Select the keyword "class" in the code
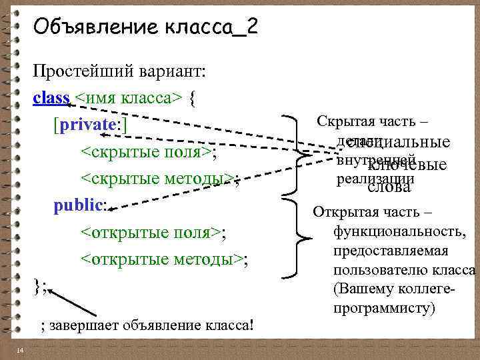point(51,98)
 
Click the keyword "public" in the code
point(79,205)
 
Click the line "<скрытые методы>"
point(157,179)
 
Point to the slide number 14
point(21,351)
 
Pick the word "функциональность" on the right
point(400,232)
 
